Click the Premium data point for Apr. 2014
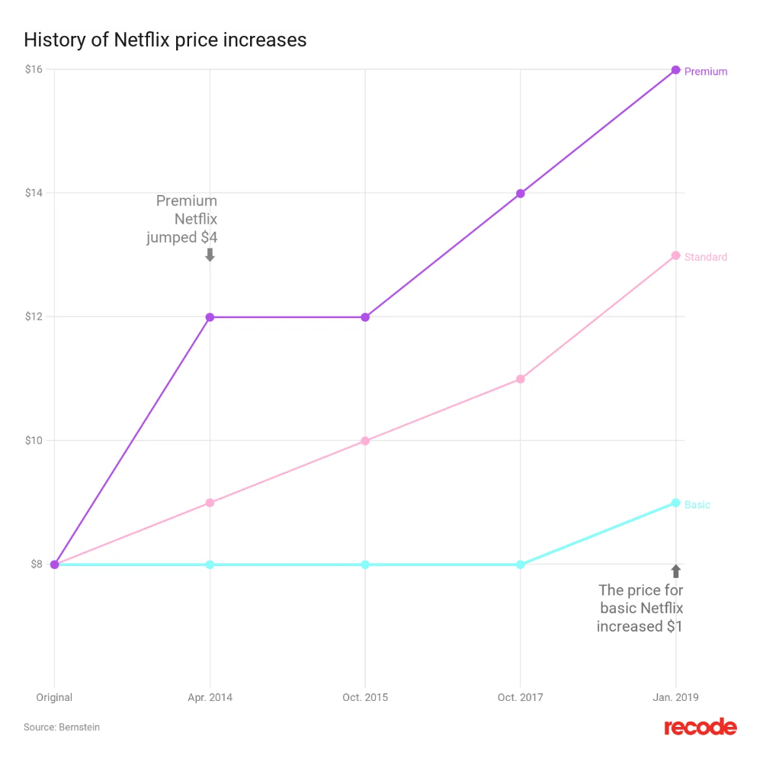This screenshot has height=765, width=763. click(x=210, y=317)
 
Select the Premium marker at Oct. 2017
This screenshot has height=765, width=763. click(x=521, y=194)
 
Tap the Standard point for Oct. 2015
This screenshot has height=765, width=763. click(x=365, y=441)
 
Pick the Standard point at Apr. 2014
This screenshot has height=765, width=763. click(x=210, y=503)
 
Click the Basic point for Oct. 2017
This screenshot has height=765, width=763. click(x=521, y=564)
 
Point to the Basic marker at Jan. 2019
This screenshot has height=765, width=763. click(x=675, y=503)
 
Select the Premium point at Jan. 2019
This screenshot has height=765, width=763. click(x=675, y=70)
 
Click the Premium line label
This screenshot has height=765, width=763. click(x=706, y=72)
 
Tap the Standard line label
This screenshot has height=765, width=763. click(x=706, y=257)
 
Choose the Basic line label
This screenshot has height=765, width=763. click(x=697, y=505)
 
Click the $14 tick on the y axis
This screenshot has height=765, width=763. click(x=33, y=193)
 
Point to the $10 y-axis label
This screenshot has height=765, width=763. click(x=33, y=440)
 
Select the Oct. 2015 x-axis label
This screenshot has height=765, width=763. click(x=365, y=697)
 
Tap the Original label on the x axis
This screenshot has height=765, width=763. click(x=54, y=697)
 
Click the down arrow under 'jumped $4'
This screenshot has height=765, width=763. click(x=210, y=255)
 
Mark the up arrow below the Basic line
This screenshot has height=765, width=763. click(x=675, y=571)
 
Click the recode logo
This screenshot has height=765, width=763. click(x=700, y=728)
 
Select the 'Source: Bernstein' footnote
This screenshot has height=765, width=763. click(x=62, y=728)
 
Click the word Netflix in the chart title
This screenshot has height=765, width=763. click(x=141, y=40)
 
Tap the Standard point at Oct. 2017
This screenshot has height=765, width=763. click(x=521, y=379)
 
